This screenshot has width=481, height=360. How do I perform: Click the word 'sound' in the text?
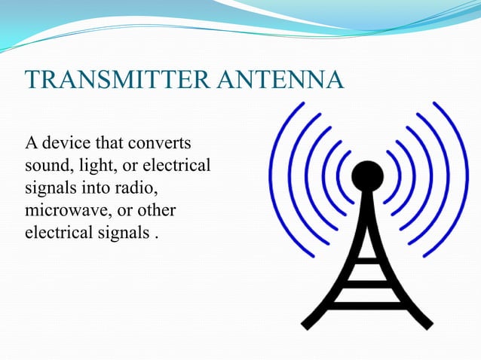[46, 165]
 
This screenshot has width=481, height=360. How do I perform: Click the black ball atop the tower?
[367, 176]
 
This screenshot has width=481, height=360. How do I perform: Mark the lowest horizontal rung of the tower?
[366, 305]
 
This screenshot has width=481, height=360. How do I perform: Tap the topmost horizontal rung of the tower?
[367, 261]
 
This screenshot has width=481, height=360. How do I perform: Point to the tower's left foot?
[308, 324]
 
